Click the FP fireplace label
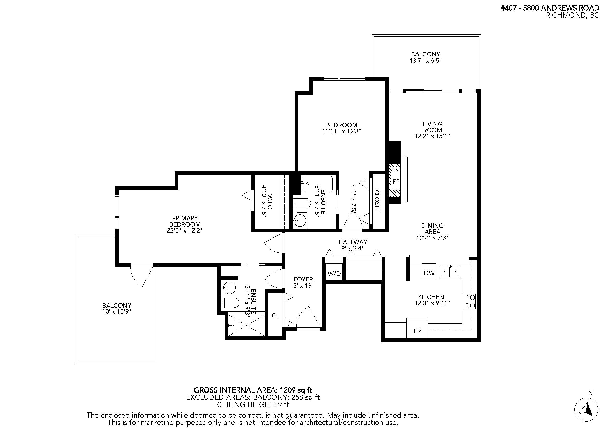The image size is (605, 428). (396, 182)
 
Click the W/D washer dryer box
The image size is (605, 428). (334, 274)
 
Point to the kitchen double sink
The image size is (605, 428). (450, 272)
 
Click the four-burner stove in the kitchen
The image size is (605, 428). (469, 301)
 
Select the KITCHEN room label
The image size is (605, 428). (431, 297)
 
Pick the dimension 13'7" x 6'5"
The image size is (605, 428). (425, 61)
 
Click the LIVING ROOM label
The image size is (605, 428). (432, 127)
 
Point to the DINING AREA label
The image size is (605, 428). (432, 229)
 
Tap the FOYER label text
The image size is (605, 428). (303, 279)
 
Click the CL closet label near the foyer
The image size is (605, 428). (275, 315)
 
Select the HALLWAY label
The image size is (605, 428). (353, 242)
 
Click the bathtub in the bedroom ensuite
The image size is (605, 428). (318, 184)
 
